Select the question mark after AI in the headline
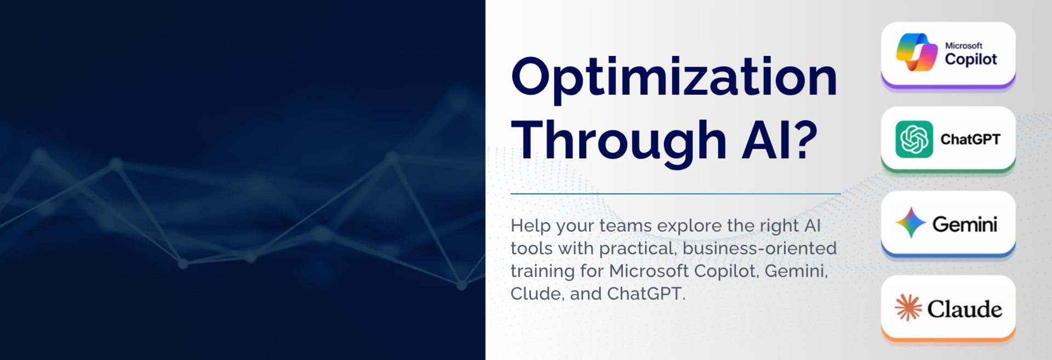[x=807, y=140]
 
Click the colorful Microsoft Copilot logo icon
[x=917, y=53]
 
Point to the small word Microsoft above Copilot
[x=964, y=45]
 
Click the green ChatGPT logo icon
[x=914, y=139]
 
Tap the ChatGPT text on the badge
[x=970, y=140]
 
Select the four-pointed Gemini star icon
[x=911, y=222]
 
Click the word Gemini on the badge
[x=964, y=224]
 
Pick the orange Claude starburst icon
[x=908, y=307]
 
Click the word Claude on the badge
[x=964, y=309]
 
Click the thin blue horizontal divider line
[x=676, y=193]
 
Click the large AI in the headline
[x=767, y=140]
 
